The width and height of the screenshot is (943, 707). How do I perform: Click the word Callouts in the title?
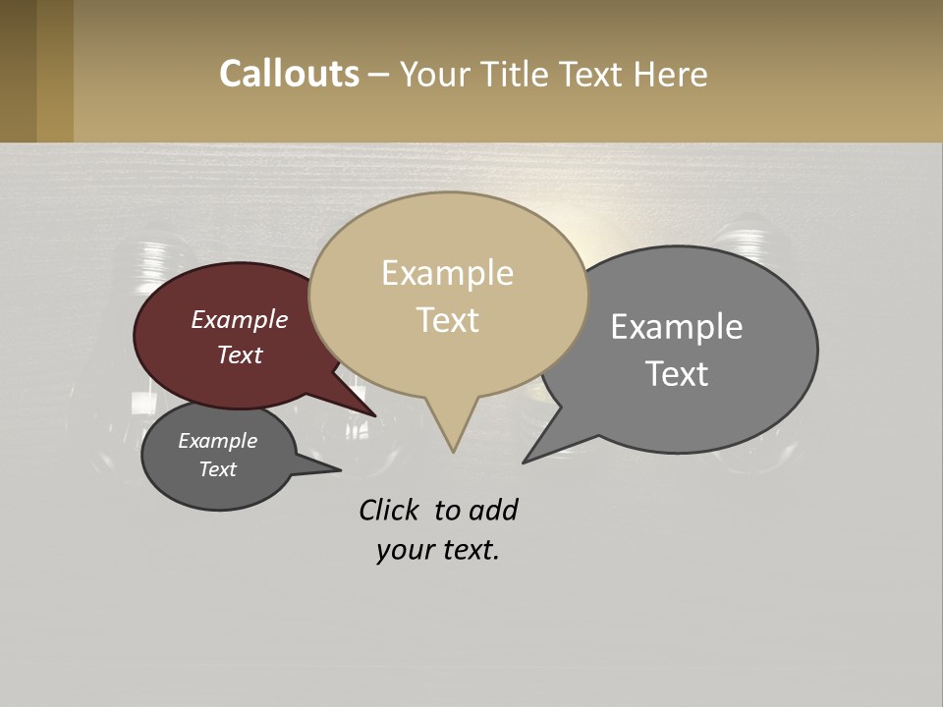coord(289,75)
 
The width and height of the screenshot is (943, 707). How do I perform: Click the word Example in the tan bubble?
coord(447,273)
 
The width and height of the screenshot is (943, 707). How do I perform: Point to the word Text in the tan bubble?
coord(447,320)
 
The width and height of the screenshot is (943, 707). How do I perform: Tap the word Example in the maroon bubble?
coord(240,319)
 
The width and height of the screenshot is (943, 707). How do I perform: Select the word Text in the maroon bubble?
coord(240,354)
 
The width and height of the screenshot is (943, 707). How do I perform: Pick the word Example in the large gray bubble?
coord(677,327)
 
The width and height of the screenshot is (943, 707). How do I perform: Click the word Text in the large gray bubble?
coord(677,374)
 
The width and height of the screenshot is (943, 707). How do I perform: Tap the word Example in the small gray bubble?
coord(218,441)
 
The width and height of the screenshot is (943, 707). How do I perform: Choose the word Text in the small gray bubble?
coord(218,469)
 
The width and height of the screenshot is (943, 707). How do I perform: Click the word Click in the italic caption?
coord(390,511)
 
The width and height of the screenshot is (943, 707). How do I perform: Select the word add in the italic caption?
coord(492,511)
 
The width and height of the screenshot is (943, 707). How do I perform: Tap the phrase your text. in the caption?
coord(438,550)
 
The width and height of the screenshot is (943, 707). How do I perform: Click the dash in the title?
coord(379,75)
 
